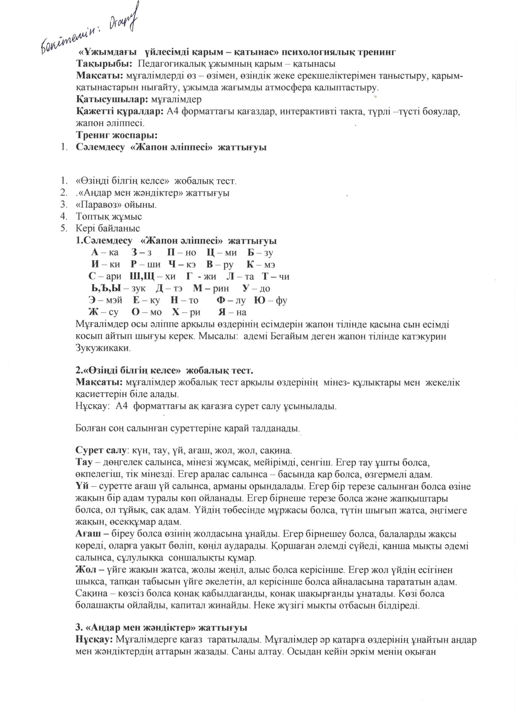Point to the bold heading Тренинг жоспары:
[x=117, y=135]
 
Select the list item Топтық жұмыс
[x=109, y=217]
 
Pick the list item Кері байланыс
[x=108, y=229]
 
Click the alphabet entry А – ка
[x=104, y=252]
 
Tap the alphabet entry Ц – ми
[x=221, y=252]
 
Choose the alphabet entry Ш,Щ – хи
[x=153, y=277]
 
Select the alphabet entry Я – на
[x=232, y=312]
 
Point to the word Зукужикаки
[x=103, y=348]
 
